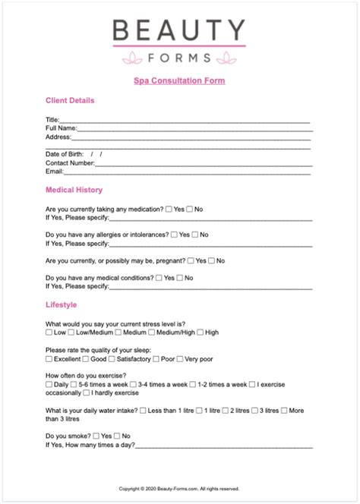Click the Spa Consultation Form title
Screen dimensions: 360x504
tap(180, 80)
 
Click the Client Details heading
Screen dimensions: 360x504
tap(70, 100)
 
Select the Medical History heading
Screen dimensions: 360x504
tap(74, 190)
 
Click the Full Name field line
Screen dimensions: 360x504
tap(194, 130)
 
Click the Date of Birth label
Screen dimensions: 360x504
tap(65, 154)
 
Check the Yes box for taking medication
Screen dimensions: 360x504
tap(169, 209)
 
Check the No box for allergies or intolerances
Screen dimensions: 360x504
tap(194, 235)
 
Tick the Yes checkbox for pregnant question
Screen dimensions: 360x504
tap(191, 260)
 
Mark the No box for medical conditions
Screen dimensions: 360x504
tap(179, 278)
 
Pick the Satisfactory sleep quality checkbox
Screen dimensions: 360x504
tap(112, 358)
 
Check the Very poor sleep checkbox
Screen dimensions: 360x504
tap(180, 358)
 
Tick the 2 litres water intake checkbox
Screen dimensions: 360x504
tap(226, 411)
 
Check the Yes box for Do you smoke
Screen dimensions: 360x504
tap(96, 436)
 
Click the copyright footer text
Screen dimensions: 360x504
tap(180, 489)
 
